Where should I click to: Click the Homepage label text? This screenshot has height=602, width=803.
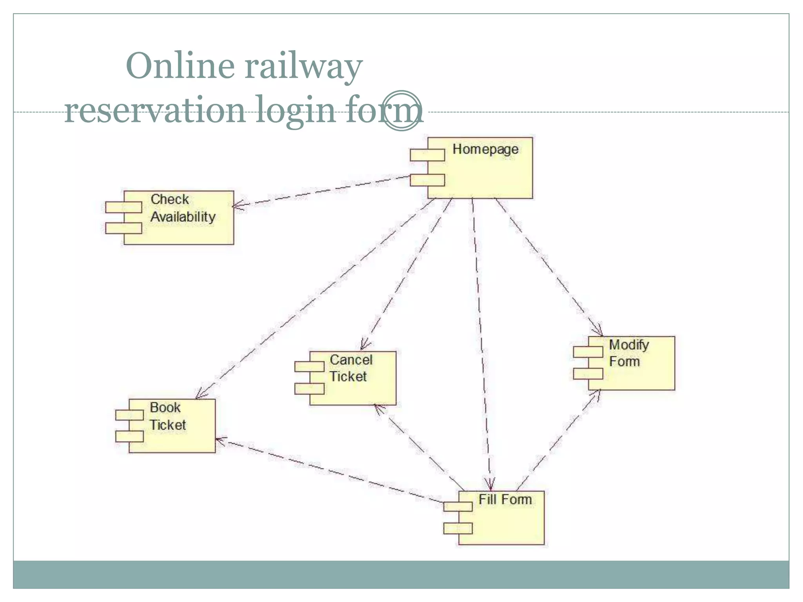485,149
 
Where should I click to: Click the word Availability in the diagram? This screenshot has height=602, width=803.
183,217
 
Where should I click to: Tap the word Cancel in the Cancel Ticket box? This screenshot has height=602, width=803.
351,359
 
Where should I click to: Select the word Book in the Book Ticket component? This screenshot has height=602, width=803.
165,408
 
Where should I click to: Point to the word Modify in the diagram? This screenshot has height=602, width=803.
629,345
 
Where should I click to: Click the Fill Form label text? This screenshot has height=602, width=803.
505,500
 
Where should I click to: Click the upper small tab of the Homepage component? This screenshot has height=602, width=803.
427,155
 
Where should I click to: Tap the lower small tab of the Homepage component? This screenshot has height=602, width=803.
427,180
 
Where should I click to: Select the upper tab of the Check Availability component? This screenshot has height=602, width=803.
124,207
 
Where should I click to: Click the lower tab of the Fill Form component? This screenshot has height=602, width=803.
458,528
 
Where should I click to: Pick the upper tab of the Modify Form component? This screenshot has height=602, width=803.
588,352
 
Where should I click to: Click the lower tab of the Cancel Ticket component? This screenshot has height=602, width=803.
309,389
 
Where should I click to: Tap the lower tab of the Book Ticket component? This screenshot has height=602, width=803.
129,436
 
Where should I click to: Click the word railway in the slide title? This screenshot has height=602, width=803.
303,66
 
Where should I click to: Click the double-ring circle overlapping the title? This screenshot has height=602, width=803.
401,111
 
